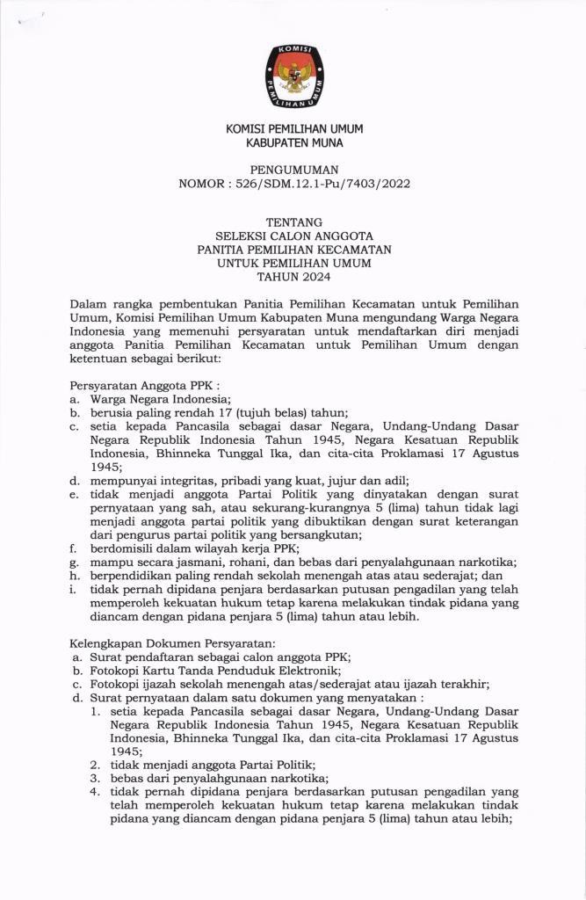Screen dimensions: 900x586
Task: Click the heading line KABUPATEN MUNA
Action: pos(293,142)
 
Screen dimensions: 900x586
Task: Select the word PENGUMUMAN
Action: pos(293,170)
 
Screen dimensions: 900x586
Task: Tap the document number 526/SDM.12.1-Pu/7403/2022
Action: pos(324,184)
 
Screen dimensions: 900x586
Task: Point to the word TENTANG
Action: pos(293,222)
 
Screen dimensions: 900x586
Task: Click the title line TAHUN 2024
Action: pos(293,276)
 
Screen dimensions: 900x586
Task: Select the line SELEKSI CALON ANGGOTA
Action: pos(293,236)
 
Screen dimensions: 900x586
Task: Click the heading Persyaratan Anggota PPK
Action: pos(142,384)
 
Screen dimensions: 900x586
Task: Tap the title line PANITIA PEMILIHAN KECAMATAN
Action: pos(293,249)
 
